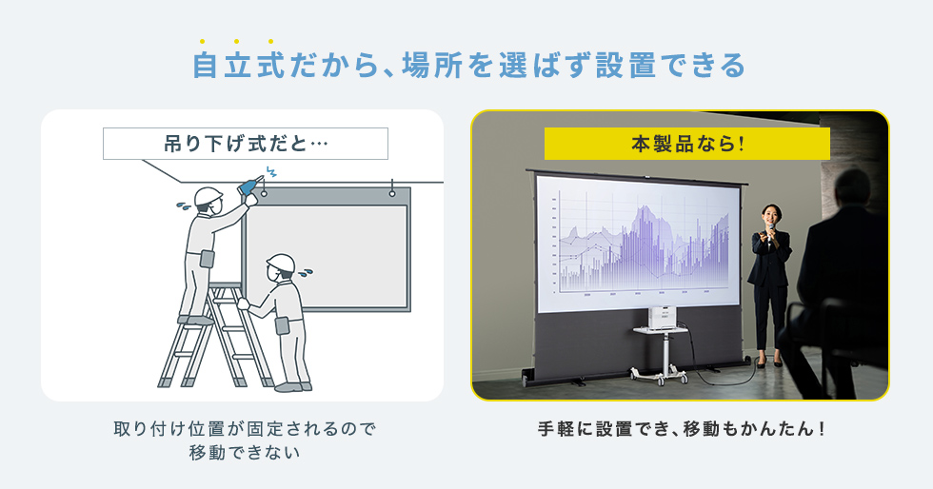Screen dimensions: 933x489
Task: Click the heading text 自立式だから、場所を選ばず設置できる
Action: [468, 66]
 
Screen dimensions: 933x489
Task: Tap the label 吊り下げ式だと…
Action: [246, 144]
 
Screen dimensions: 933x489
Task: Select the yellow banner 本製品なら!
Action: [686, 144]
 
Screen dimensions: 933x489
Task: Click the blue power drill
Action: [248, 186]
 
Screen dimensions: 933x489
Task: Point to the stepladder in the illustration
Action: [213, 336]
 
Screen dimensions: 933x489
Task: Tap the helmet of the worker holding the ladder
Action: [281, 263]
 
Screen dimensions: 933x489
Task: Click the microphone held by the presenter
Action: [770, 231]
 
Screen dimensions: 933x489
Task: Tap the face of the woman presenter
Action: [770, 214]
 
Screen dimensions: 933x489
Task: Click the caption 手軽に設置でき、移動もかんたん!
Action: [682, 428]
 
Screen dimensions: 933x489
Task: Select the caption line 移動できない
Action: [244, 452]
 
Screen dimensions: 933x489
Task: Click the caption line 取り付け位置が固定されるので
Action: [245, 428]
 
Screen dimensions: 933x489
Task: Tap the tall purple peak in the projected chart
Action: [644, 223]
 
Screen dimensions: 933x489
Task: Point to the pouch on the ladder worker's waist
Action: [208, 259]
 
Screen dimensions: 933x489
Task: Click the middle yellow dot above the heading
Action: [237, 42]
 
